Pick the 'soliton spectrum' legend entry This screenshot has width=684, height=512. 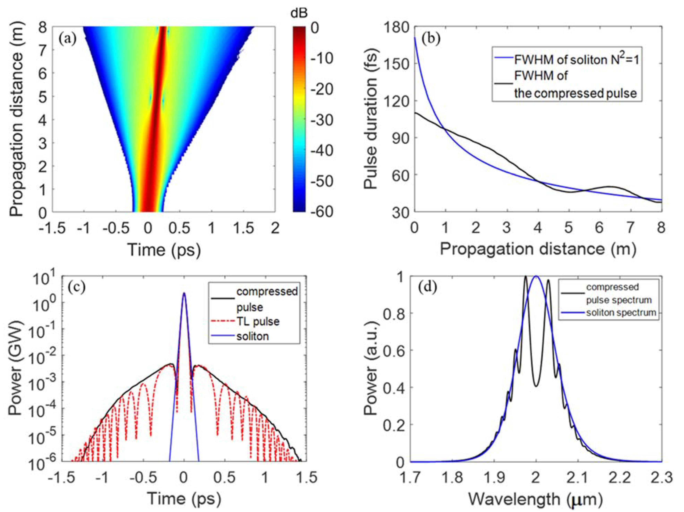pyautogui.click(x=621, y=313)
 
